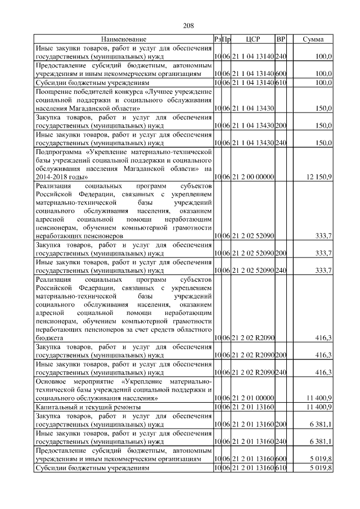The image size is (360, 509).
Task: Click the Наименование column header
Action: pyautogui.click(x=124, y=39)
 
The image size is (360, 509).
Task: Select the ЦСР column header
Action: pyautogui.click(x=253, y=39)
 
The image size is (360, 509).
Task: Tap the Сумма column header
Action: pyautogui.click(x=313, y=39)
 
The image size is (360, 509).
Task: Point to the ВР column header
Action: pyautogui.click(x=281, y=39)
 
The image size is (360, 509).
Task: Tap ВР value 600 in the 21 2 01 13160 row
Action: pyautogui.click(x=281, y=460)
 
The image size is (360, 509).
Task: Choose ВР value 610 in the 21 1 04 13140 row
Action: pyautogui.click(x=281, y=83)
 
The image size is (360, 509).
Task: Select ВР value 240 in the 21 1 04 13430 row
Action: pyautogui.click(x=281, y=143)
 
